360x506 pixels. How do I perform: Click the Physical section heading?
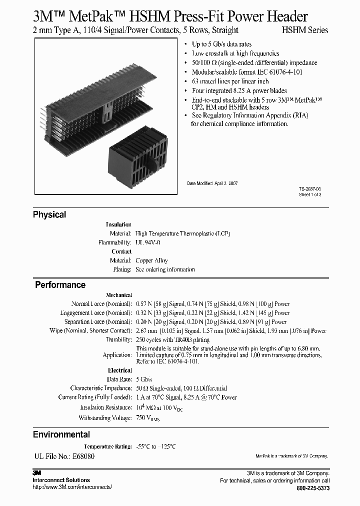tap(49, 214)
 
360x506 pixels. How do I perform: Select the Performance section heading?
tap(60, 285)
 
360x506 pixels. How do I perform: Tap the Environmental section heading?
tap(61, 434)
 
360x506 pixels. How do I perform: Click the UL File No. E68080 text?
tap(63, 456)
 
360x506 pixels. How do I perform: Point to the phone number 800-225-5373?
tap(313, 488)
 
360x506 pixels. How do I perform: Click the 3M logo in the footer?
tap(36, 473)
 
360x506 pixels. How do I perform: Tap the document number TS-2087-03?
tap(310, 189)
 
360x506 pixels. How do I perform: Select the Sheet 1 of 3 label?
tap(310, 195)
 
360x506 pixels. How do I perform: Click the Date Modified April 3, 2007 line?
tap(212, 183)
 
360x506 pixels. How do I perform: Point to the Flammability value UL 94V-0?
tap(148, 242)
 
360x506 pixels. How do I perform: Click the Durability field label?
tap(118, 339)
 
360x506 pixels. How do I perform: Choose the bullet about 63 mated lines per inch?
tap(230, 81)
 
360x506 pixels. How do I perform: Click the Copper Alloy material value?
tap(151, 260)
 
